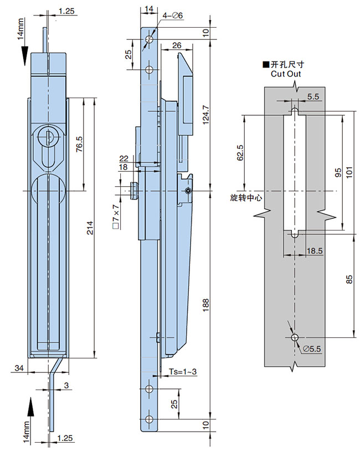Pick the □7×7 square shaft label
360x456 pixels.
115,217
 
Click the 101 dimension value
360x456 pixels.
348,172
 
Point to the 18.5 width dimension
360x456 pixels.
315,251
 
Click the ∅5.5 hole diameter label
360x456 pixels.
311,347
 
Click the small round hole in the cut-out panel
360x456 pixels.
294,337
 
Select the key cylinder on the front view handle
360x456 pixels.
47,135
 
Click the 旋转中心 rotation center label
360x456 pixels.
244,196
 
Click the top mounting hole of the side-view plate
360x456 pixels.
148,40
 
